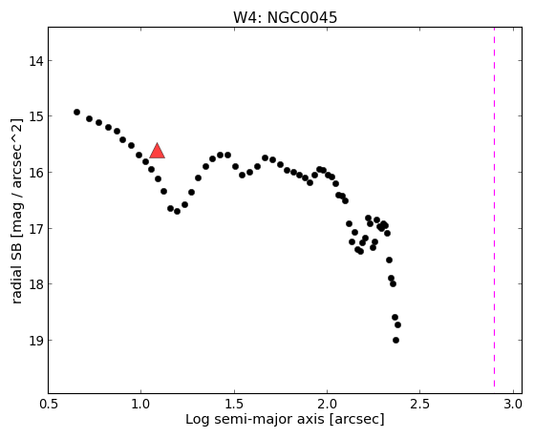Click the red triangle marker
tap(157, 152)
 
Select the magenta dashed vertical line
tap(494, 208)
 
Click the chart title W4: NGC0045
tap(285, 18)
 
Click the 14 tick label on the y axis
tap(35, 61)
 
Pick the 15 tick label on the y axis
tap(35, 116)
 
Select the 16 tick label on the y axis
tap(35, 173)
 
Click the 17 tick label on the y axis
tap(35, 229)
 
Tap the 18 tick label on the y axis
tap(35, 284)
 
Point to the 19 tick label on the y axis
tap(35, 341)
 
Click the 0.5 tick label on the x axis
tap(49, 404)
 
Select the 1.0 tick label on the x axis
tap(141, 404)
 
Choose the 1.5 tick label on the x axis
tap(234, 404)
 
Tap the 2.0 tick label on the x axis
tap(328, 404)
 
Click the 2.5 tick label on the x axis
tap(420, 404)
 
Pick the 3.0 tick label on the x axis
tap(513, 404)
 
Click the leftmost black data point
tap(77, 112)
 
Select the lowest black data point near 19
tap(395, 340)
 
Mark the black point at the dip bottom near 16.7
tap(177, 211)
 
